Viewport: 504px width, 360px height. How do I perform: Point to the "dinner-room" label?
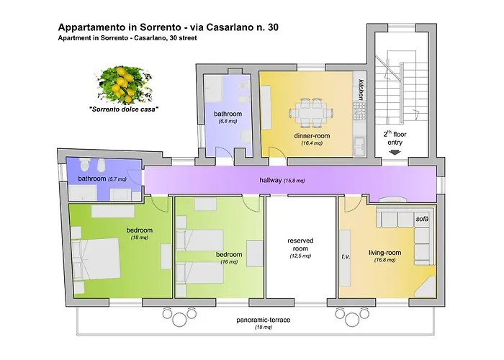(x=312, y=135)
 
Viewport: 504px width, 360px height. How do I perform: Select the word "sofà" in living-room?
(x=422, y=218)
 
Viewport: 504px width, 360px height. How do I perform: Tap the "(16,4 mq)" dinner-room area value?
(x=312, y=143)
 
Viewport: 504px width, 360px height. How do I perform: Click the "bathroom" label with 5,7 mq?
(x=91, y=178)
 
